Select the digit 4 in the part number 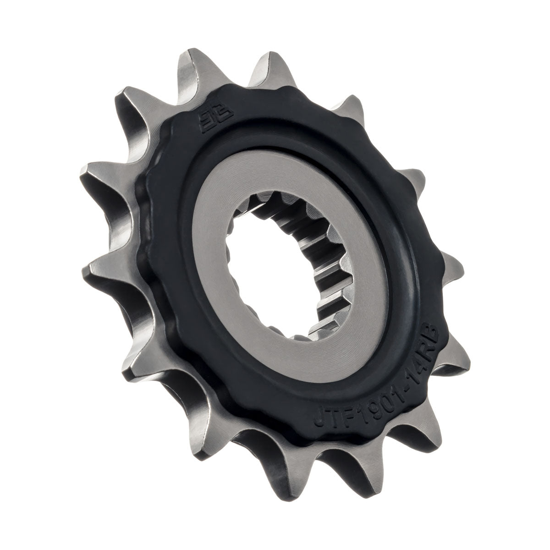(410, 351)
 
